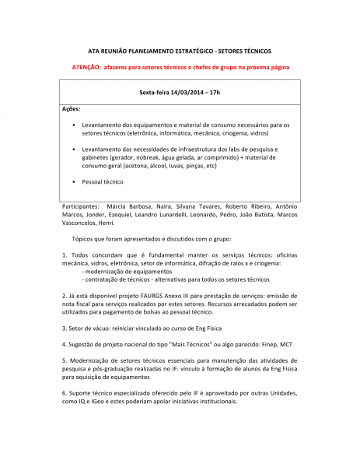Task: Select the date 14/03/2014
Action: coord(182,92)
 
